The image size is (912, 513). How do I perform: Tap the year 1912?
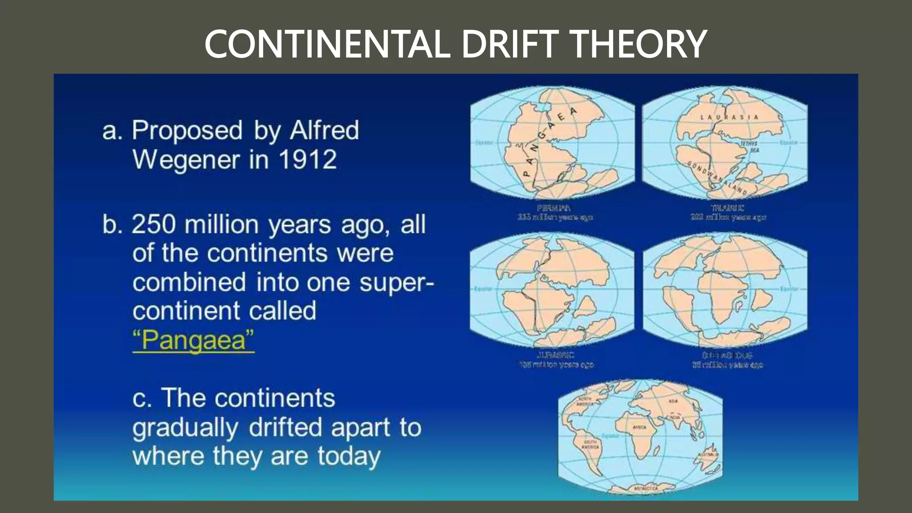point(308,159)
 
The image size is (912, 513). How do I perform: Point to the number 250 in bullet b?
point(153,224)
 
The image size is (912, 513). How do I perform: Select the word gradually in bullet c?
point(185,428)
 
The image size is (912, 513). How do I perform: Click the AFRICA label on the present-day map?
point(639,427)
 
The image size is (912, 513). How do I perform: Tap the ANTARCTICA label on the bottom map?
point(646,489)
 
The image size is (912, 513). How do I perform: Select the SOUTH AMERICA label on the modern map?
point(590,444)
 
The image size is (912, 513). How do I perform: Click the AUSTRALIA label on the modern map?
point(708,455)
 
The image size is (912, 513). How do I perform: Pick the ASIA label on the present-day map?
point(673,401)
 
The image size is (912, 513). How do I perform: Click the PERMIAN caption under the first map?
point(554,208)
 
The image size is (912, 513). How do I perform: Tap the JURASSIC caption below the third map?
point(555,355)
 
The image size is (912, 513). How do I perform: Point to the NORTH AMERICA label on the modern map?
point(585,401)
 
